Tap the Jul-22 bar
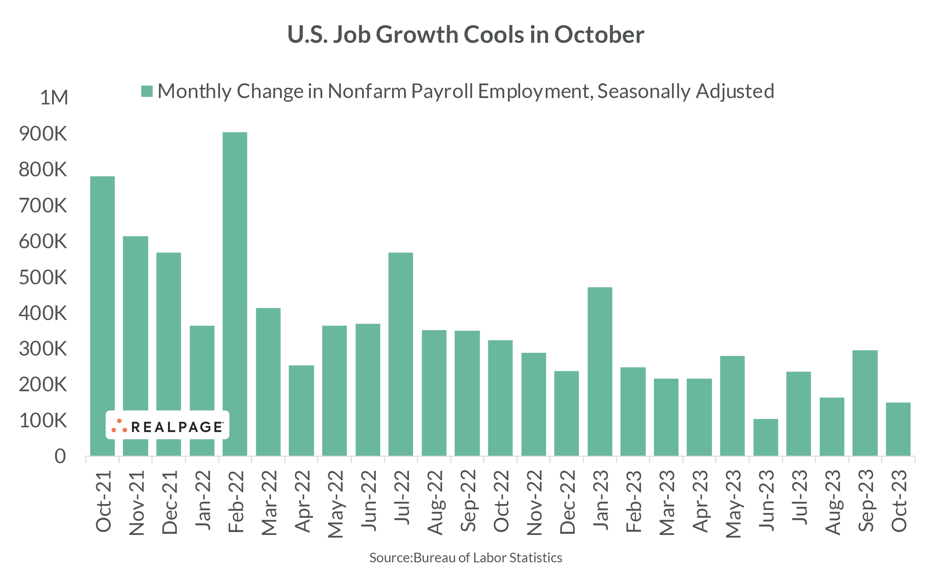(401, 354)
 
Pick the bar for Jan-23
(600, 371)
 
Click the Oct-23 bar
(898, 429)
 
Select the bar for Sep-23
(865, 403)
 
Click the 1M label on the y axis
(54, 97)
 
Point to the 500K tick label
(43, 278)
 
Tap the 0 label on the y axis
(60, 456)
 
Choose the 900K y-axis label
(43, 134)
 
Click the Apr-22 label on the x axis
(302, 501)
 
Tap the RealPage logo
(167, 425)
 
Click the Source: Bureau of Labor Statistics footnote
(465, 558)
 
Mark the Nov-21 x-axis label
(137, 502)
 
